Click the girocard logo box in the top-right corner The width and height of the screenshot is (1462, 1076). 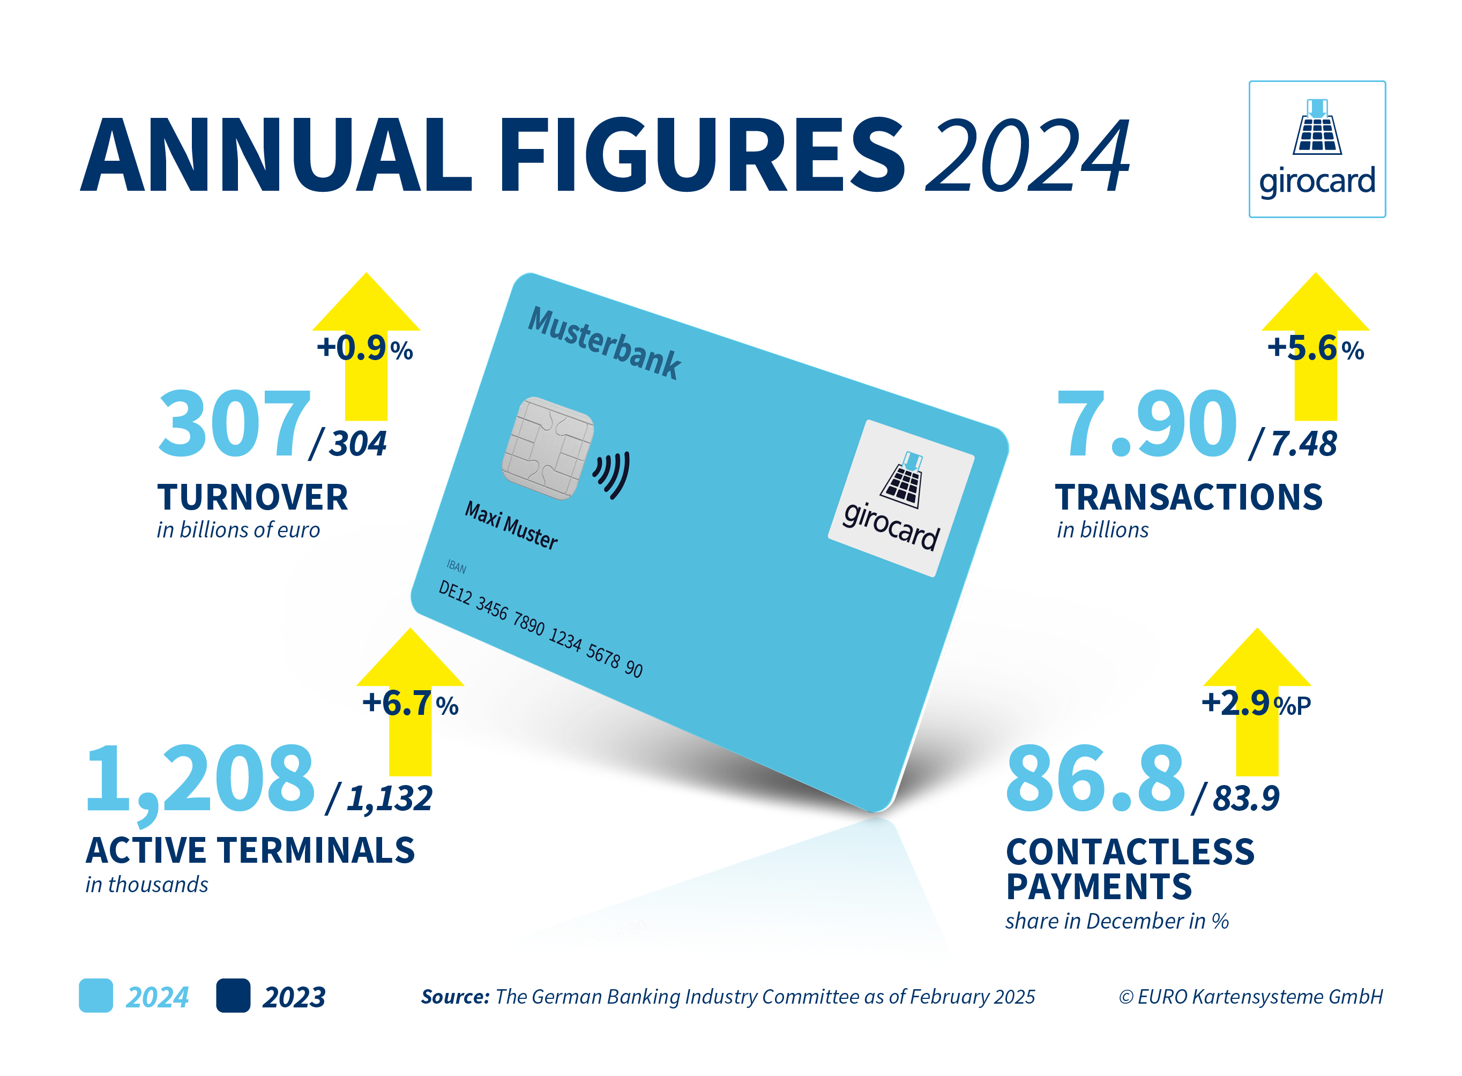click(x=1316, y=149)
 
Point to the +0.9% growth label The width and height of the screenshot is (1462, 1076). click(x=364, y=348)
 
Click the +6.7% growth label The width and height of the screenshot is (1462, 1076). click(x=411, y=704)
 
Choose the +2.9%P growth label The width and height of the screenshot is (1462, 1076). click(x=1256, y=704)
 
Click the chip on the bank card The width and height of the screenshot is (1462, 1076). click(x=548, y=448)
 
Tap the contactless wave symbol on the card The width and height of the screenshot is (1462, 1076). click(x=612, y=474)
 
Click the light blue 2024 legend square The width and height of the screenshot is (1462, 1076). click(x=96, y=995)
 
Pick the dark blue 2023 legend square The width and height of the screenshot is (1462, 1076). click(x=233, y=995)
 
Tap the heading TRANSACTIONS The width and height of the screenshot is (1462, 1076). click(x=1189, y=498)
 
